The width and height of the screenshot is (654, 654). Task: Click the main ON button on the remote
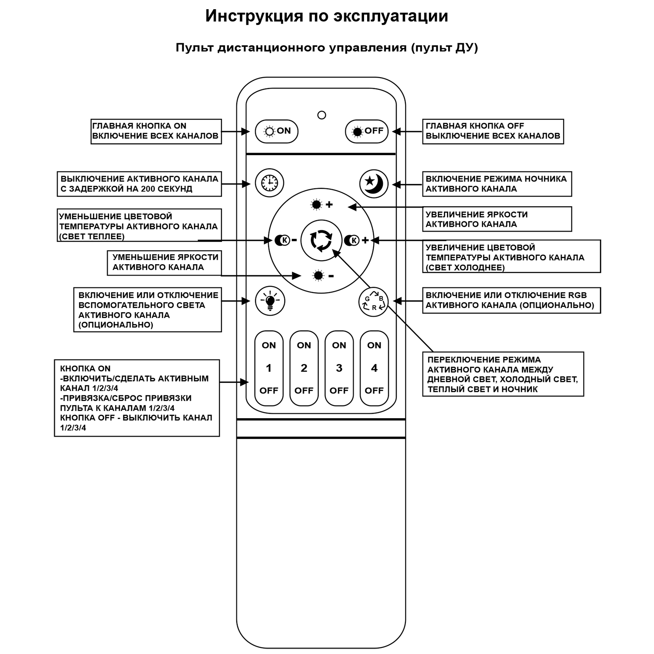276,131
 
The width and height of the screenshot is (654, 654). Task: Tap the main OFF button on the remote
367,131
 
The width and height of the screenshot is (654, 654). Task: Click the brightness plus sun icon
321,204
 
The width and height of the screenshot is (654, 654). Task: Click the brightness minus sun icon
323,276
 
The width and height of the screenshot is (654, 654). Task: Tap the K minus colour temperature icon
286,240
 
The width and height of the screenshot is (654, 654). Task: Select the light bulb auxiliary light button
270,300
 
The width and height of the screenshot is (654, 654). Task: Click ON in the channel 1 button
269,345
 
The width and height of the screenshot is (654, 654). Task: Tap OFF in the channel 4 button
374,391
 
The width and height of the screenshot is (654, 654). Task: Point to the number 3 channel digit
339,368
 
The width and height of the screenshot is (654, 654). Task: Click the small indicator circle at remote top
322,115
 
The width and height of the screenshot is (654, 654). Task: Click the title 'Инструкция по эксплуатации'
327,16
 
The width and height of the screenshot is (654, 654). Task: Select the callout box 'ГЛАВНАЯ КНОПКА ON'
156,131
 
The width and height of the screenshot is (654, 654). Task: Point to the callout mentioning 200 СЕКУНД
139,184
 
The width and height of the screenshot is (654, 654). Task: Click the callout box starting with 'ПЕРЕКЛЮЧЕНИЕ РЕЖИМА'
503,374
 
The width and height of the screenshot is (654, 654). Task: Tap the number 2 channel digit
304,368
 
